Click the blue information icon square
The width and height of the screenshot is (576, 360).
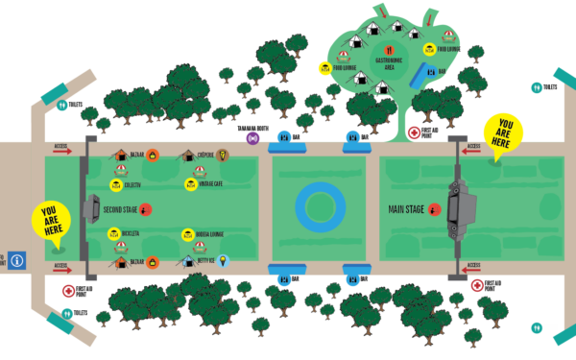tap(17, 260)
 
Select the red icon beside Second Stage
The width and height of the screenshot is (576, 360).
tap(146, 207)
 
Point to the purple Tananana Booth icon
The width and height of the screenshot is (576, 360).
tap(253, 138)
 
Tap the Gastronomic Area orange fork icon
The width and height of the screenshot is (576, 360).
tap(389, 49)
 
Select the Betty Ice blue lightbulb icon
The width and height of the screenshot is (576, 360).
tap(223, 260)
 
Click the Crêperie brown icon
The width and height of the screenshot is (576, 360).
tap(223, 155)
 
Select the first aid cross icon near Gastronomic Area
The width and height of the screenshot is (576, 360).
tap(414, 133)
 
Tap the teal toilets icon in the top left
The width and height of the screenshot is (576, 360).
tap(61, 93)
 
